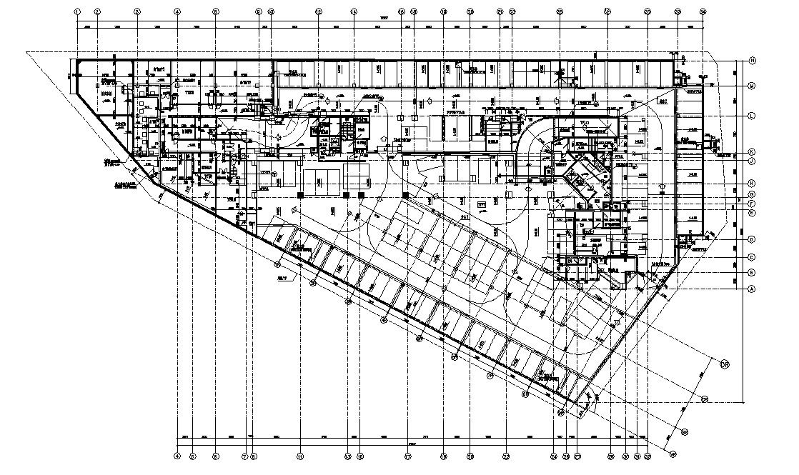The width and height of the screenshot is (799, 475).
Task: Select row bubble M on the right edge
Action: point(753,86)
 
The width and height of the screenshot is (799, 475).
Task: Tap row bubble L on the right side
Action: point(753,116)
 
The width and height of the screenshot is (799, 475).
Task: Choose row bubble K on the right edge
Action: point(753,152)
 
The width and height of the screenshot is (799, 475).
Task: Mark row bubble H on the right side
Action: point(753,182)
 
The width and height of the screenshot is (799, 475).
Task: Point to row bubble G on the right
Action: point(753,194)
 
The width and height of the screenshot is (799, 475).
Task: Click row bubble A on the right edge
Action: point(753,289)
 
